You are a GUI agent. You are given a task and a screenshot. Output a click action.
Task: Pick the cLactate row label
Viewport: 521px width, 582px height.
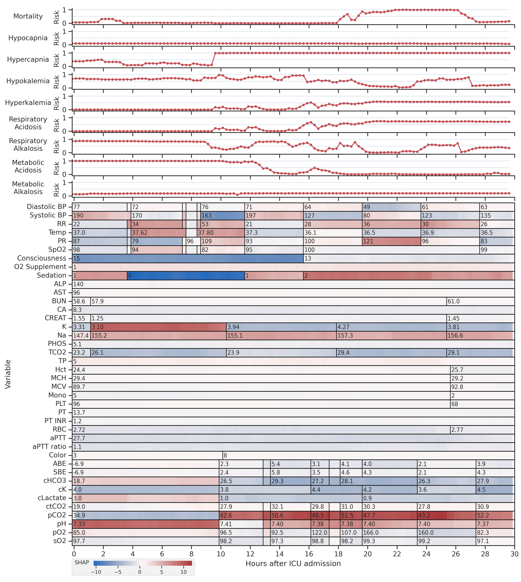tap(52, 498)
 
